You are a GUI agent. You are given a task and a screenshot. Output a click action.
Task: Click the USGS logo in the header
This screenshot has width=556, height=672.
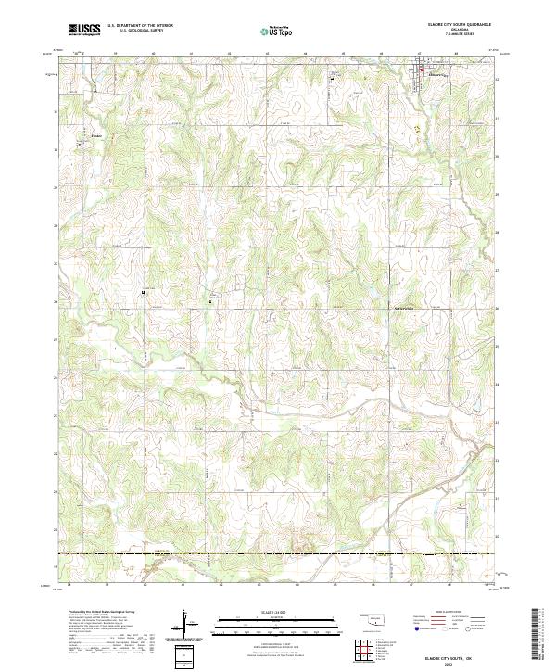coord(84,30)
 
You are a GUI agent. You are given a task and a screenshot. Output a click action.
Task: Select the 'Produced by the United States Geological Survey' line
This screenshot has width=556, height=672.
coord(98,613)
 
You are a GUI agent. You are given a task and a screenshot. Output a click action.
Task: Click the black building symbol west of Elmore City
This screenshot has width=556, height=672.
coord(332,80)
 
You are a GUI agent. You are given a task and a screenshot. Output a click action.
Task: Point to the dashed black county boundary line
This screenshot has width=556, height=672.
coord(278,554)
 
